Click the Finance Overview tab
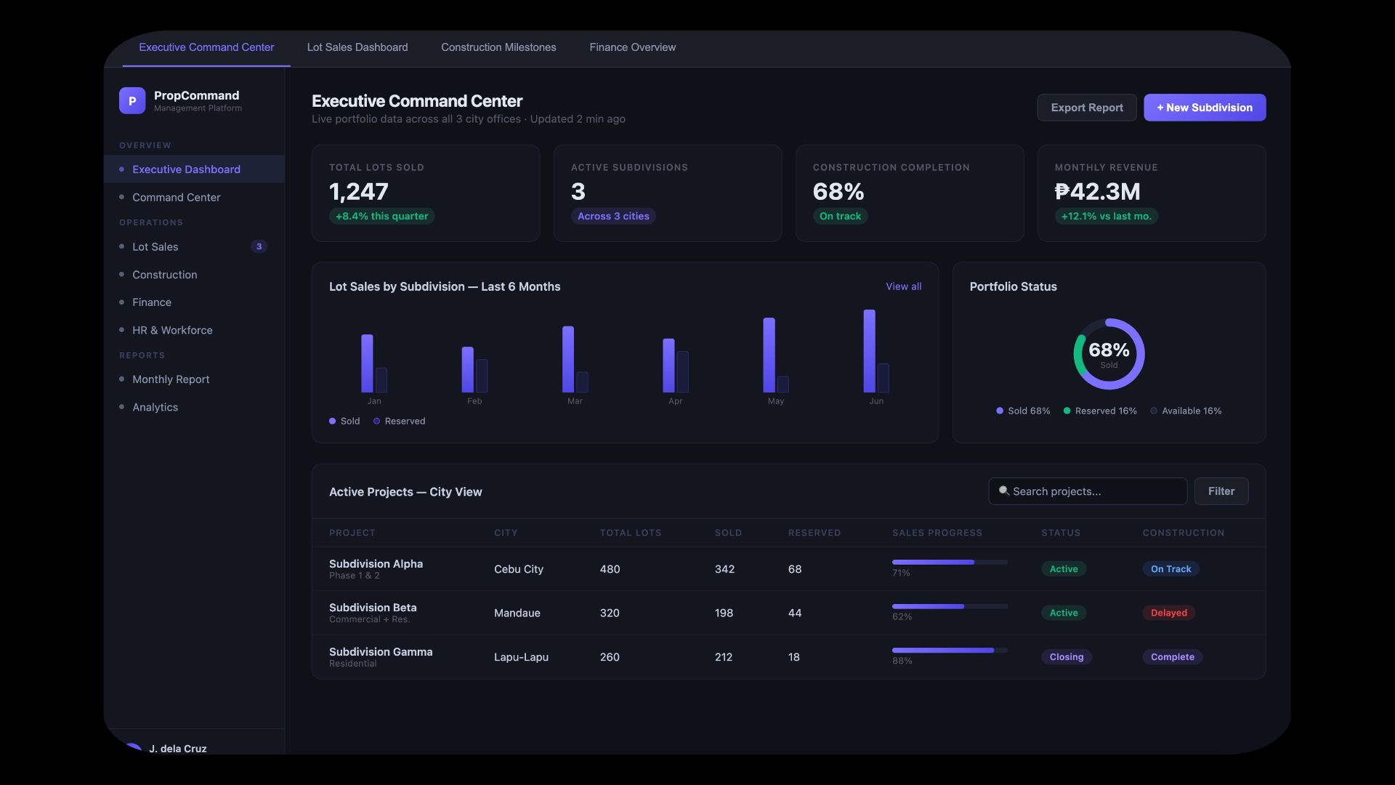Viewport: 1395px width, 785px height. [x=632, y=47]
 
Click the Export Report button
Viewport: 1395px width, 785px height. [x=1086, y=108]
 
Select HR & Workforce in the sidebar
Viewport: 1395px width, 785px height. [x=172, y=330]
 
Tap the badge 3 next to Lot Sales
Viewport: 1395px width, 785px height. [x=259, y=246]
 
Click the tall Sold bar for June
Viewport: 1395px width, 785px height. [x=869, y=351]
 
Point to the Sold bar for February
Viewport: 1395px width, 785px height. [x=467, y=369]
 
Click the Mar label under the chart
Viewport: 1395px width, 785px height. [x=575, y=401]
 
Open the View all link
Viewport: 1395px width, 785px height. [x=903, y=286]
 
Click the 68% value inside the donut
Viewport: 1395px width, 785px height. [x=1109, y=350]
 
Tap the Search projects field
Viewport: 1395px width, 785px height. [x=1088, y=491]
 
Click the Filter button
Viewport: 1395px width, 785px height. [x=1221, y=491]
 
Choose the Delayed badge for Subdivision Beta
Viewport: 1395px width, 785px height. [x=1168, y=613]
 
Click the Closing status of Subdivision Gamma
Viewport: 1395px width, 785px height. [x=1066, y=657]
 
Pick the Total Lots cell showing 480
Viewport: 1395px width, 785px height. [x=610, y=569]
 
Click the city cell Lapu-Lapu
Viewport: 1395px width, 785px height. [x=521, y=657]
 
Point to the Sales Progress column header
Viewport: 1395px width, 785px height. [x=937, y=533]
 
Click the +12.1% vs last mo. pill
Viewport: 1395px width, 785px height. [x=1106, y=216]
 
